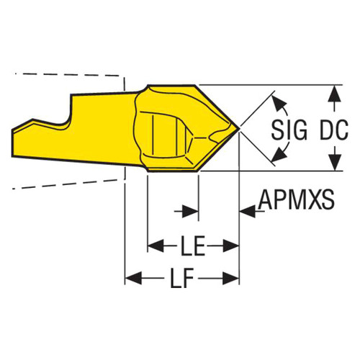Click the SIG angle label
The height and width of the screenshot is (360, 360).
(x=289, y=130)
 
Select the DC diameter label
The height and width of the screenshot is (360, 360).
(x=334, y=130)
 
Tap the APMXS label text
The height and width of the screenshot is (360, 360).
(x=296, y=199)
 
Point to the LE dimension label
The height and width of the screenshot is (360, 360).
(x=193, y=246)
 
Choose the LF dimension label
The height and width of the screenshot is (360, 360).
(x=182, y=279)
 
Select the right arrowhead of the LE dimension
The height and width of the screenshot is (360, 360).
(x=231, y=246)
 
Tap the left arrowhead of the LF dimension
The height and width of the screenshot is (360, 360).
(x=133, y=279)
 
